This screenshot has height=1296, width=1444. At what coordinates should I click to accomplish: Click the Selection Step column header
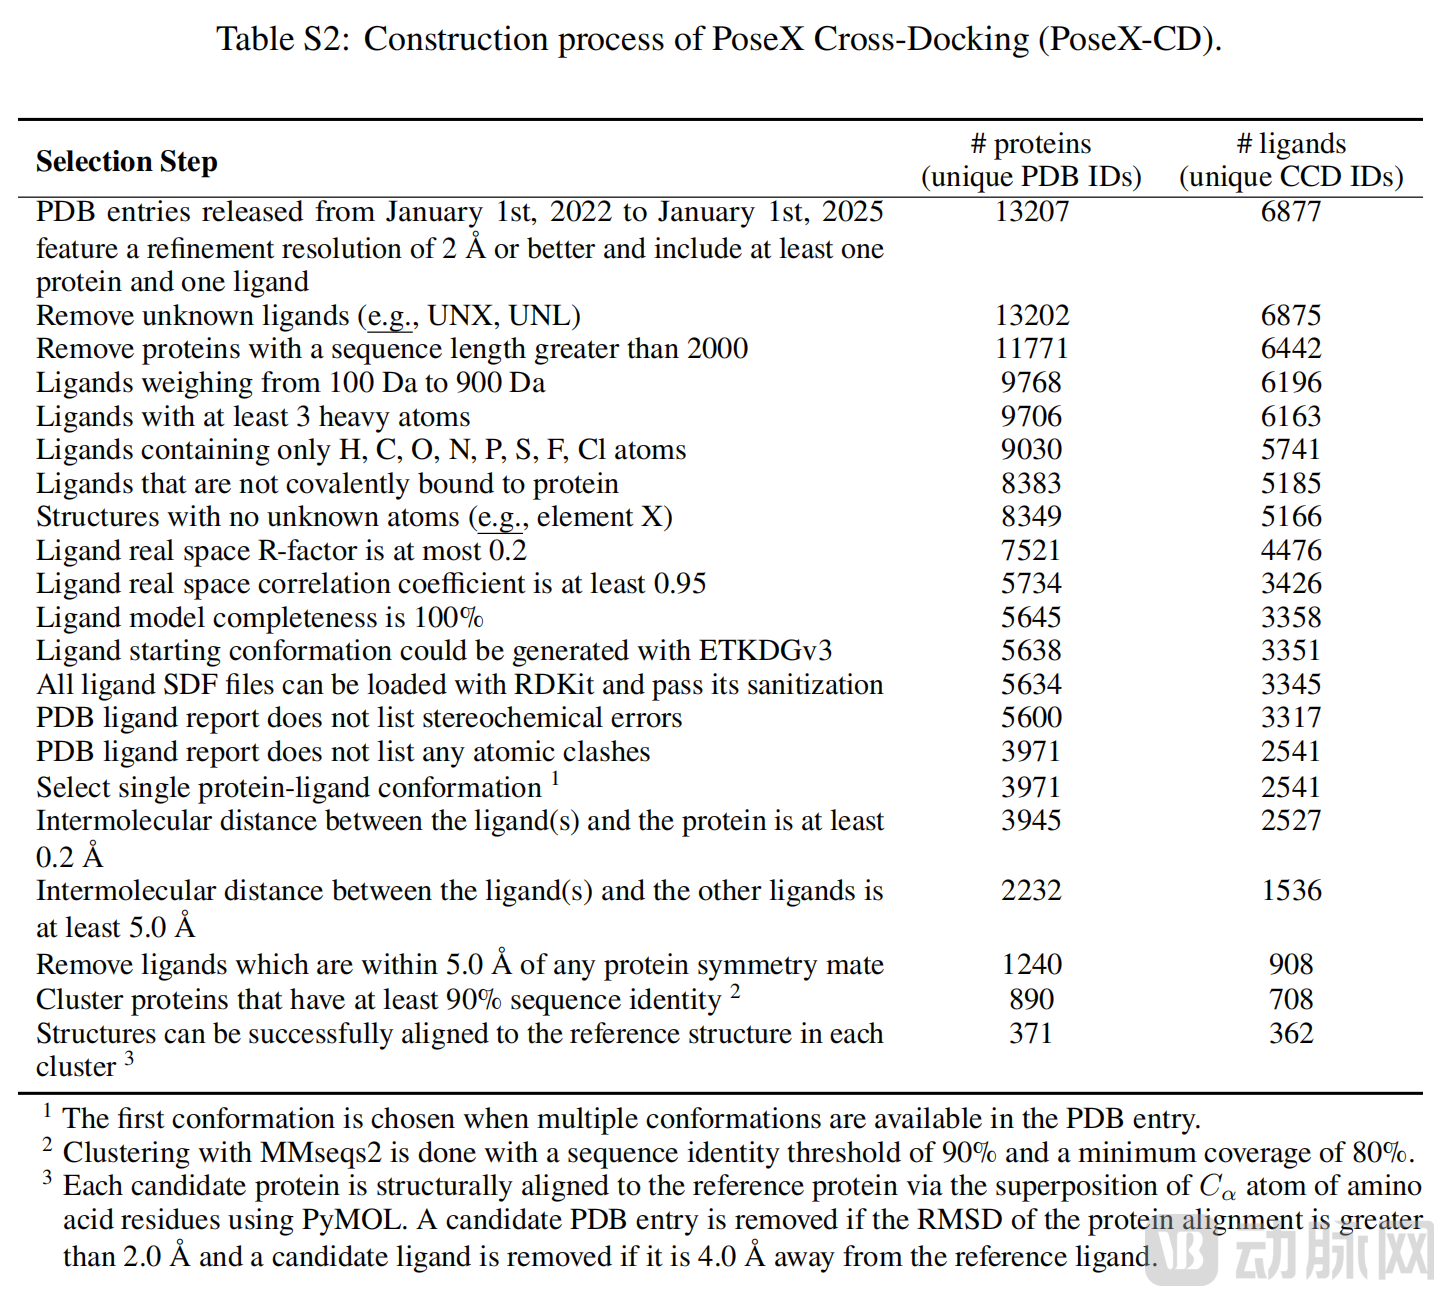(126, 161)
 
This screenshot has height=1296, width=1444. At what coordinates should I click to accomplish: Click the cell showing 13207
(1031, 212)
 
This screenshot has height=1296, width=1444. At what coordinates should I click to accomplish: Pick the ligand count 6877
(1291, 212)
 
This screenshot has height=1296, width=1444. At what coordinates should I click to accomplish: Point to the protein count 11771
(1031, 349)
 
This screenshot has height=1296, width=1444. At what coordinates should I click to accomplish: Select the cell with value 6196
(1291, 383)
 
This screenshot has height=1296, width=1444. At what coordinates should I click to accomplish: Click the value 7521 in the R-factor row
(1031, 551)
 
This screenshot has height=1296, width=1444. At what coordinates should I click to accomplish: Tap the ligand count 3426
(1291, 584)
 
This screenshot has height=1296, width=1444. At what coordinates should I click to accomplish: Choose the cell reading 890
(1031, 1000)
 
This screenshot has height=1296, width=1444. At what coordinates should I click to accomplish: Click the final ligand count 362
(1291, 1034)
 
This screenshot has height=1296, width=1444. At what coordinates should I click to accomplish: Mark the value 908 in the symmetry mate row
(1291, 965)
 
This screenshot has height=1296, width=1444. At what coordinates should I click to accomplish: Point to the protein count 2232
(1031, 891)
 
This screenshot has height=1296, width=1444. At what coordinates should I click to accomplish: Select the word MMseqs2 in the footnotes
(321, 1153)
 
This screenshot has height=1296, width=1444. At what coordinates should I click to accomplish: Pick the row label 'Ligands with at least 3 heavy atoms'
(253, 417)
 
